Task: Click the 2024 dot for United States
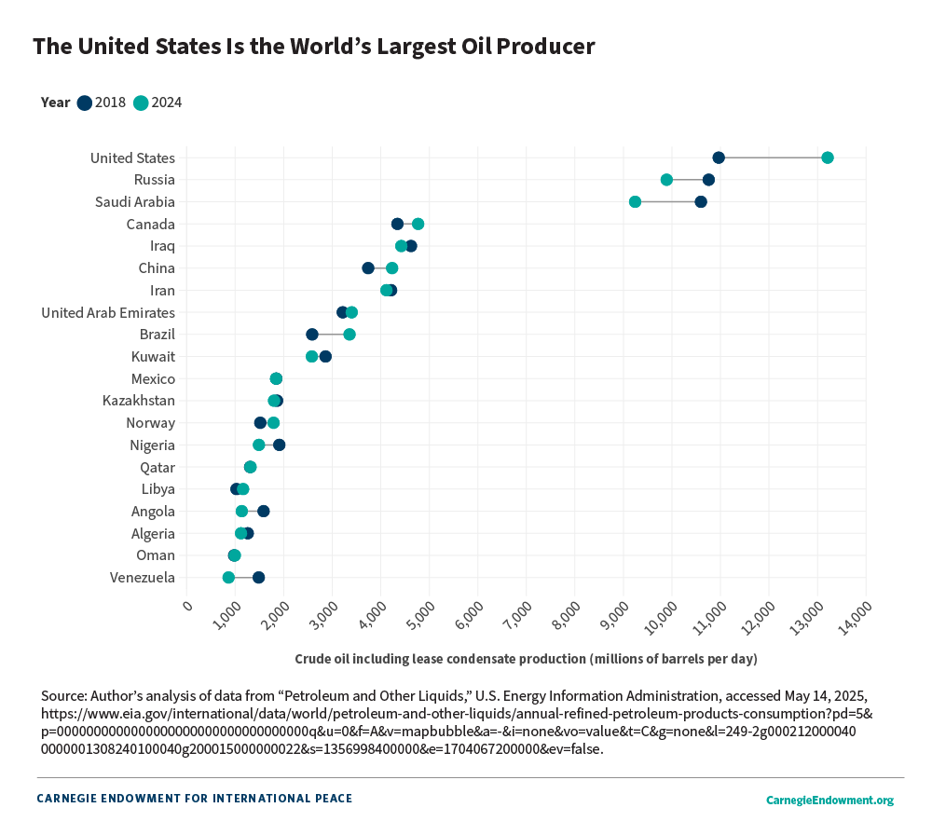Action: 827,157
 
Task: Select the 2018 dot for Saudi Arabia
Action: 701,202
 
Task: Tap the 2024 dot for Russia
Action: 666,180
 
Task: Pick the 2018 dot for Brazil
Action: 312,335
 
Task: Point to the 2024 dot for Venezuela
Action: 228,578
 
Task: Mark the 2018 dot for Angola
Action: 264,512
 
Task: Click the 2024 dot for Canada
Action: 418,224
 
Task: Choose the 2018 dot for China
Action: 368,268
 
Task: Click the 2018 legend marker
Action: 85,103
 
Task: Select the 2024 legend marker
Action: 141,103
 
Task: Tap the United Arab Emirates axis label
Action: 108,312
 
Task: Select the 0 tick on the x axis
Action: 188,607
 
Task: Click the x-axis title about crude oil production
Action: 526,659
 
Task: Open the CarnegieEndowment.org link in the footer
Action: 829,800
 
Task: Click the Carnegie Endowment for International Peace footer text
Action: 194,799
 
